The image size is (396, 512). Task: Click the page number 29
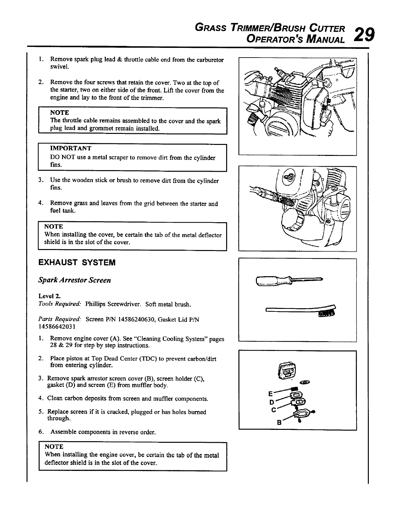[364, 34]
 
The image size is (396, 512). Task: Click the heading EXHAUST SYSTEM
[77, 262]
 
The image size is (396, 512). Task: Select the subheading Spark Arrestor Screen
[74, 280]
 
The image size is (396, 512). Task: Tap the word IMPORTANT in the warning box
[71, 148]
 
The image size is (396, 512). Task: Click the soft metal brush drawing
[301, 311]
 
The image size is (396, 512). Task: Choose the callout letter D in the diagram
[272, 402]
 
